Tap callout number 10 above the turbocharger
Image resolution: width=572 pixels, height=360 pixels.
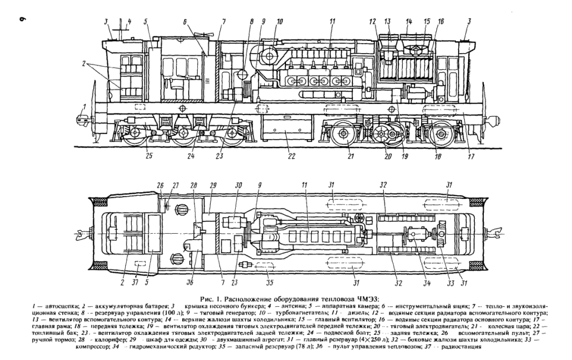pyautogui.click(x=279, y=22)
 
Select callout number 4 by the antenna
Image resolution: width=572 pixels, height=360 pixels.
pyautogui.click(x=130, y=22)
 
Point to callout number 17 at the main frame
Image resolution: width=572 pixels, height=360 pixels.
pyautogui.click(x=470, y=157)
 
